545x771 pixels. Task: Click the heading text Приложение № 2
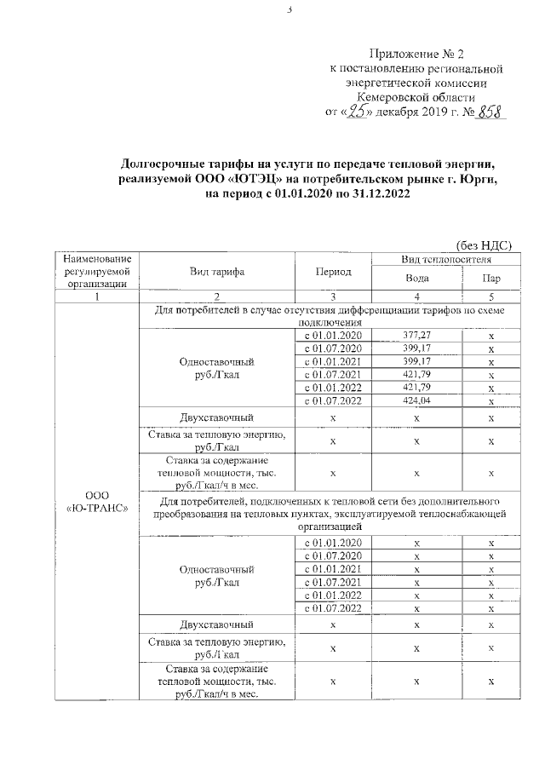pyautogui.click(x=416, y=54)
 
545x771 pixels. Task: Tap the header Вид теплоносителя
pyautogui.click(x=446, y=258)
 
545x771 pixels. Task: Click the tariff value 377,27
pyautogui.click(x=417, y=335)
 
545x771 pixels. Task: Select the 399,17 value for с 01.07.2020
pyautogui.click(x=417, y=348)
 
